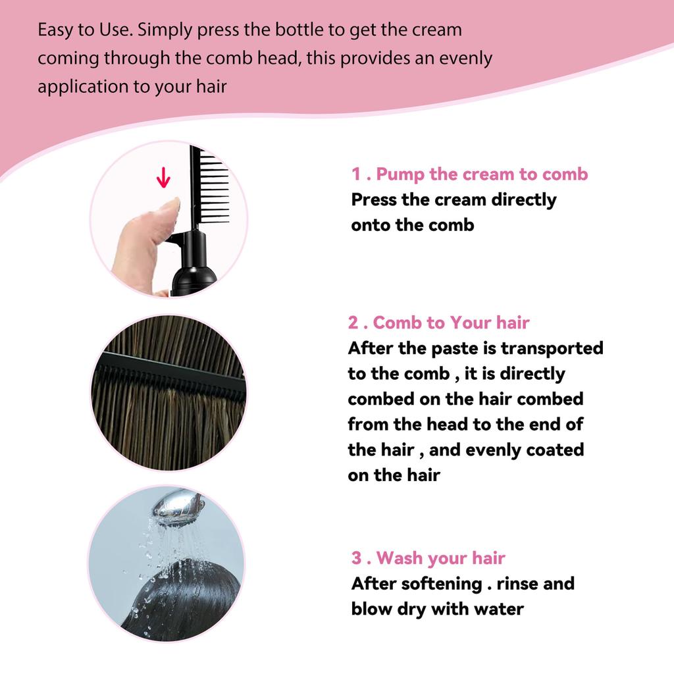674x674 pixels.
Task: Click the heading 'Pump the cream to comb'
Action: point(482,174)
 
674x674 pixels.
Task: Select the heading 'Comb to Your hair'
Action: point(451,323)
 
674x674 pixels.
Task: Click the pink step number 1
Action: point(356,174)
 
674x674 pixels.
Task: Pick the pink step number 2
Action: point(353,323)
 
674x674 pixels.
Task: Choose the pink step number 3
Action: point(357,558)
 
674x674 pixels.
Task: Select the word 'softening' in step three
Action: point(442,583)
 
